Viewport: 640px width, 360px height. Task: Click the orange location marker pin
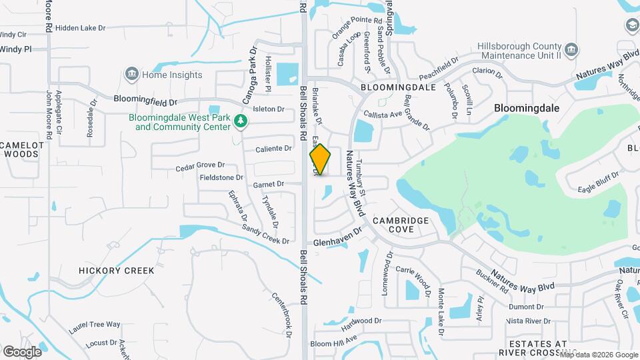click(x=320, y=159)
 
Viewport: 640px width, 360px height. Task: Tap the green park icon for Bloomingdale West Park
click(x=240, y=121)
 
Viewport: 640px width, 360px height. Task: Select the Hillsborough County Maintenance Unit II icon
click(x=571, y=50)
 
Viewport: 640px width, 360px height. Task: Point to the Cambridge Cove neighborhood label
click(x=402, y=225)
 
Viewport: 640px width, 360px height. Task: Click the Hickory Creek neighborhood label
click(x=116, y=271)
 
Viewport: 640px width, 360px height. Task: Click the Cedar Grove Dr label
click(x=200, y=165)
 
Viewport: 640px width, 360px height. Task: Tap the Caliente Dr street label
click(x=274, y=148)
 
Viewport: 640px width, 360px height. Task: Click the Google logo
click(x=22, y=351)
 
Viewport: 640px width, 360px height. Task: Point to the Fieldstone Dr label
click(x=221, y=178)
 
